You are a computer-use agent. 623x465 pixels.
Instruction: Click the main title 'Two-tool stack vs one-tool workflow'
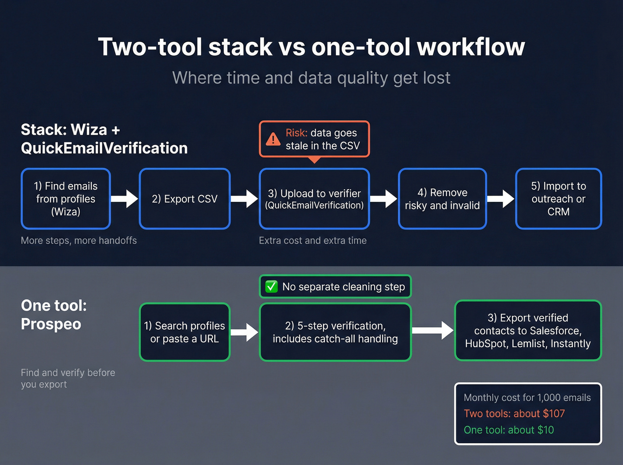(311, 47)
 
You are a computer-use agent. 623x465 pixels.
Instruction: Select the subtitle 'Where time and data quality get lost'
(311, 78)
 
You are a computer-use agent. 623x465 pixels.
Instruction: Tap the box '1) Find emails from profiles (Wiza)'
(66, 199)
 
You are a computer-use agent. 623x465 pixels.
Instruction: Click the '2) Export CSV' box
(185, 199)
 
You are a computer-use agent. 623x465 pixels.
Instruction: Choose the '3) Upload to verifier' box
(314, 199)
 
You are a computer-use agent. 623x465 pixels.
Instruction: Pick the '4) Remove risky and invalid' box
(442, 199)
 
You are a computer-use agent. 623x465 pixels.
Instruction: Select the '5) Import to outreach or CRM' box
(558, 199)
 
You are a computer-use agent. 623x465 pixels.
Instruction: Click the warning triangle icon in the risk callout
(273, 139)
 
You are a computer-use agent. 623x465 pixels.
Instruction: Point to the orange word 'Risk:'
(296, 133)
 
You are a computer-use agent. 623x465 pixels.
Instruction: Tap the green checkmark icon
(271, 287)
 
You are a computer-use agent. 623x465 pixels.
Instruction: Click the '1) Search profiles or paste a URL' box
(185, 332)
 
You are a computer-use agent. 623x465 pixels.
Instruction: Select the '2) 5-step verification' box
(335, 332)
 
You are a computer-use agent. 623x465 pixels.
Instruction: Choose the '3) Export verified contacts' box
(528, 331)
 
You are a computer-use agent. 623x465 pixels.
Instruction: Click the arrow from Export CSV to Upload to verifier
(244, 199)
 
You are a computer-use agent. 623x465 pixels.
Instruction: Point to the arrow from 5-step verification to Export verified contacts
(433, 330)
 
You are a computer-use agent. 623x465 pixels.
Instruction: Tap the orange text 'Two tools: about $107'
(514, 413)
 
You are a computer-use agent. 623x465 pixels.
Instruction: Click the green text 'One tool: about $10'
(509, 430)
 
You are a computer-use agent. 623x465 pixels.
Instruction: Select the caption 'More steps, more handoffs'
(79, 240)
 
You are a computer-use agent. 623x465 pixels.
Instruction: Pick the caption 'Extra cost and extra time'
(313, 240)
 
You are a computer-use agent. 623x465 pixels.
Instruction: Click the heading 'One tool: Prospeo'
(54, 315)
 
